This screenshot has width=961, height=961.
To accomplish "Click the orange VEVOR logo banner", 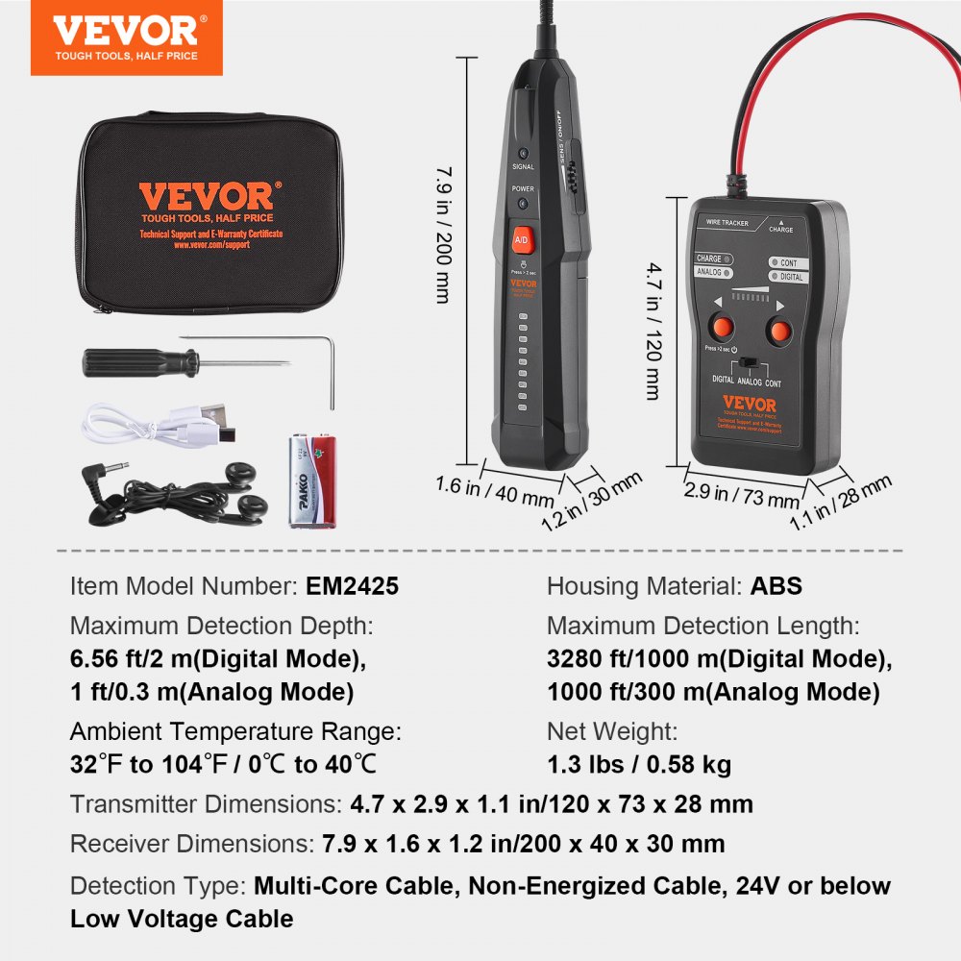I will coord(126,37).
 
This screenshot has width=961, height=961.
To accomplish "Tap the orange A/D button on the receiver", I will coord(522,238).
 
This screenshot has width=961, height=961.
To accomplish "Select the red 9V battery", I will coord(313,480).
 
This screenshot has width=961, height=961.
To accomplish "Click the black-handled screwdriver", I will coord(144,363).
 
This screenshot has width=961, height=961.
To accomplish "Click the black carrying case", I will coord(208,212).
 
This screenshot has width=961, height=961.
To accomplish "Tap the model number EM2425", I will coord(353,586).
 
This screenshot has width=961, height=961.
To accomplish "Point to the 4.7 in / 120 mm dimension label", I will coord(653,332).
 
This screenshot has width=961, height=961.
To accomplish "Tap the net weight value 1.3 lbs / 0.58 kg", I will coord(639,764).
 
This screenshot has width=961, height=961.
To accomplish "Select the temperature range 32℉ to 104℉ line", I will coord(224,764).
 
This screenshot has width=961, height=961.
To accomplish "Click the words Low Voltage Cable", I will coord(182,918).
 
